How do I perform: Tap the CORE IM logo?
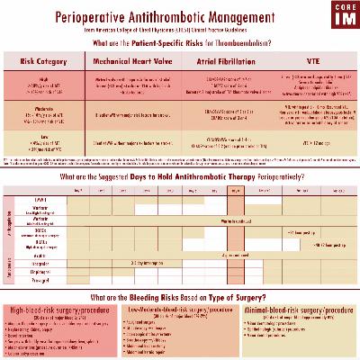[x=338, y=17]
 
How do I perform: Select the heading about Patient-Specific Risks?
[x=180, y=42]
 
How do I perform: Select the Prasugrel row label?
[x=41, y=279]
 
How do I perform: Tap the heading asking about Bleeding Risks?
[x=180, y=296]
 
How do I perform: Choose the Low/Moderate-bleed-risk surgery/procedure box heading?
[x=180, y=309]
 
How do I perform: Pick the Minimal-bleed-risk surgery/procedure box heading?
[x=300, y=309]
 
